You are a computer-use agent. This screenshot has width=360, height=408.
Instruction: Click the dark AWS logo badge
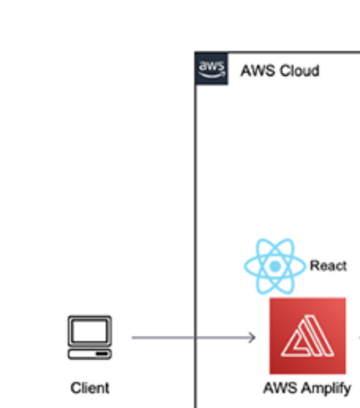click(x=211, y=69)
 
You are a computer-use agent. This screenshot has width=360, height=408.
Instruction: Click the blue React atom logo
click(x=275, y=266)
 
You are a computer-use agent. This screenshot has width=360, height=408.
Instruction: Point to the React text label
click(x=328, y=266)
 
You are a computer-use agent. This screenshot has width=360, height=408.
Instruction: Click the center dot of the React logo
click(x=275, y=266)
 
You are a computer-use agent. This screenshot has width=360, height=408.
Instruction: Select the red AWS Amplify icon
click(x=307, y=335)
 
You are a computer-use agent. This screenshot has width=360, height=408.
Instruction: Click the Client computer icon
click(x=89, y=337)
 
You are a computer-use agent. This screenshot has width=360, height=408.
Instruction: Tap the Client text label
click(x=89, y=388)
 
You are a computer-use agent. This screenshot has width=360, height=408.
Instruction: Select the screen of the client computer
click(x=89, y=330)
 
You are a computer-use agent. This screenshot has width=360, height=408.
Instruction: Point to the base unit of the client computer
click(x=89, y=354)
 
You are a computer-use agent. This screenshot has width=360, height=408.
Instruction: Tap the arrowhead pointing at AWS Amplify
click(x=252, y=337)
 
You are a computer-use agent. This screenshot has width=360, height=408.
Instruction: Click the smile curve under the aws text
click(x=211, y=74)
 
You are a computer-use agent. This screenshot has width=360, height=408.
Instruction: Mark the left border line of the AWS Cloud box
click(x=195, y=205)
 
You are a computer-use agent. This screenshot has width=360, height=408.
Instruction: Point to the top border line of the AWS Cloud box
click(x=291, y=52)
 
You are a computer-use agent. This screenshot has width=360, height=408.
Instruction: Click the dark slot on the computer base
click(x=102, y=354)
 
